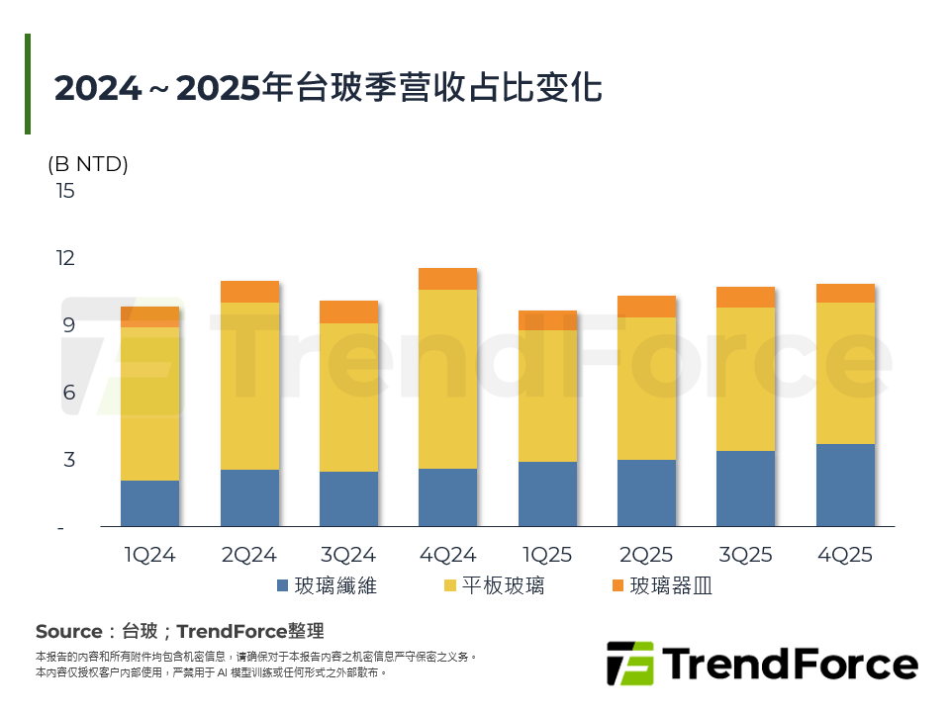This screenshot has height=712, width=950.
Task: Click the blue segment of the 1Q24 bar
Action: (149, 503)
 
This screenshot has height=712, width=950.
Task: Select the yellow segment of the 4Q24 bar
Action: (447, 379)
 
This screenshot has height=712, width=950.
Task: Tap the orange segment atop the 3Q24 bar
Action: (348, 311)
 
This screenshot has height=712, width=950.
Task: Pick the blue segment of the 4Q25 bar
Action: (845, 485)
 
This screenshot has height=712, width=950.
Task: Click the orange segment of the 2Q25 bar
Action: (646, 306)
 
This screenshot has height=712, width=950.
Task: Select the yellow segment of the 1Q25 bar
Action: (547, 396)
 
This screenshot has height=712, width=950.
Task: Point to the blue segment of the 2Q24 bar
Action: (249, 497)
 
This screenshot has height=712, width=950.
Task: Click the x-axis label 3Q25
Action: (745, 555)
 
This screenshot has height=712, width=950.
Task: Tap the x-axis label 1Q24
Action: (149, 555)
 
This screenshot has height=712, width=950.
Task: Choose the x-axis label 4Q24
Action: (447, 555)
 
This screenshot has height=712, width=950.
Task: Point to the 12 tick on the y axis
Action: (65, 258)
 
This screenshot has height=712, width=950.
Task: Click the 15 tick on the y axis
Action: (65, 191)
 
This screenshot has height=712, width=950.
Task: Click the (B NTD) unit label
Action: (88, 164)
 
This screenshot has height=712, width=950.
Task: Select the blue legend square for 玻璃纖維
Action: (283, 586)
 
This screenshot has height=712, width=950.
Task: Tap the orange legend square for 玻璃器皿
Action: (617, 586)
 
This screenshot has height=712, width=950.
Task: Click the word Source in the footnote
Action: (68, 631)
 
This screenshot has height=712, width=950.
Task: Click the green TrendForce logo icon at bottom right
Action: (630, 664)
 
